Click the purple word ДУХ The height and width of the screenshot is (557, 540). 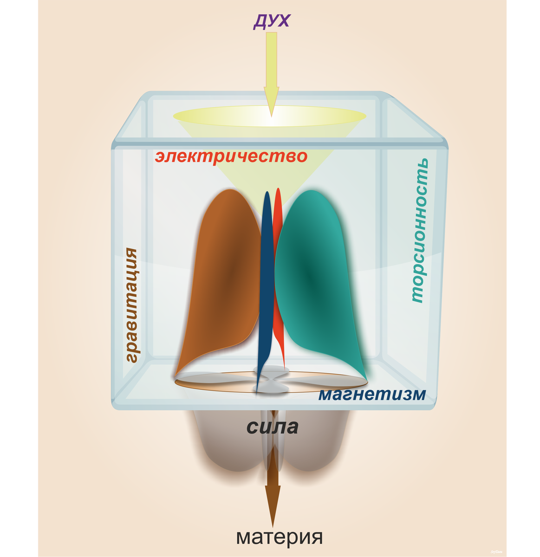tap(272, 21)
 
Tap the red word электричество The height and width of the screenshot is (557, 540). tap(231, 156)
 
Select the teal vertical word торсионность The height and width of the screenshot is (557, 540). tap(418, 231)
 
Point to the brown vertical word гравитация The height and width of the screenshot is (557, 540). tap(131, 305)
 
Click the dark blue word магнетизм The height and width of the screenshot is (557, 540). tap(372, 395)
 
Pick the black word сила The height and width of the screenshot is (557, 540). tap(272, 427)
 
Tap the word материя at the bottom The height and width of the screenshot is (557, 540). tap(279, 537)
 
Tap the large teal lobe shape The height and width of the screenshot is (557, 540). tap(316, 278)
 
